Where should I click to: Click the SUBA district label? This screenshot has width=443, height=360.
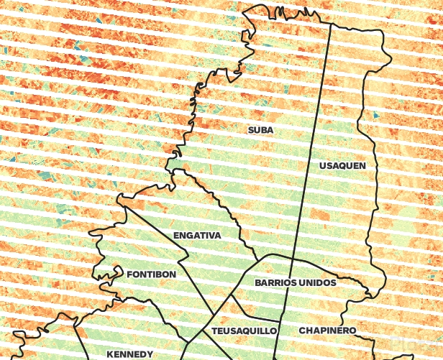[x=260, y=130]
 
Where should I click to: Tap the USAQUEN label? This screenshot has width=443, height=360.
[x=342, y=166]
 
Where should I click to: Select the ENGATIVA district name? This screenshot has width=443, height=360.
[x=197, y=236]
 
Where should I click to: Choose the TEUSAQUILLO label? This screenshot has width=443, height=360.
[x=245, y=331]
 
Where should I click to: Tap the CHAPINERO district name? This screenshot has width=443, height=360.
[x=327, y=331]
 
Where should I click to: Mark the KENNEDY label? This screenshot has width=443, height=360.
[x=129, y=354]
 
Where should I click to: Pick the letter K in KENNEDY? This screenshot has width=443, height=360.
[x=110, y=354]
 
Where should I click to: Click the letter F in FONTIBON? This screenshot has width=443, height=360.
[x=129, y=274]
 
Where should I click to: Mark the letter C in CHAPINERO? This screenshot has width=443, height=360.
[x=302, y=331]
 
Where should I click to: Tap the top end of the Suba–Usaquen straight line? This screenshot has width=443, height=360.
[x=330, y=24]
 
